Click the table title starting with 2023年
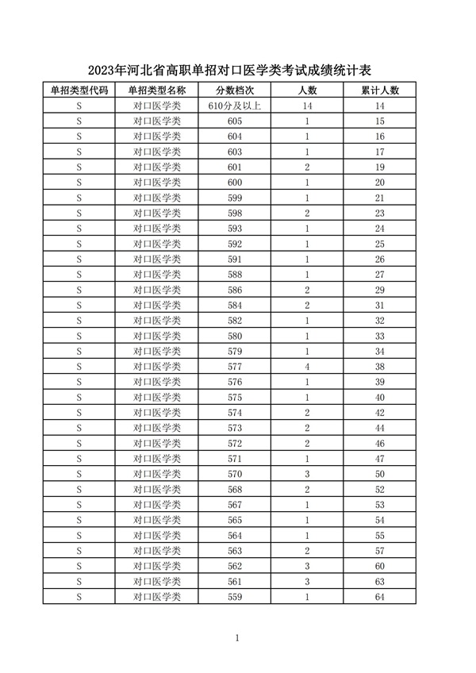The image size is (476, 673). tap(238, 69)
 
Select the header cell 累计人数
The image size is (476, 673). tap(379, 90)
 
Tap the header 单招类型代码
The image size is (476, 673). tap(79, 90)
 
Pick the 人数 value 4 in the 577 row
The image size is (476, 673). tap(307, 367)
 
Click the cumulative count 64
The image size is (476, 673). tap(379, 596)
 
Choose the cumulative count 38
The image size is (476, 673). tap(379, 367)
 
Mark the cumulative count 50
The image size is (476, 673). tap(379, 473)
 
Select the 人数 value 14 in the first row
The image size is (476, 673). tap(307, 106)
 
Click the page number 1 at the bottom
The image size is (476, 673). tap(238, 637)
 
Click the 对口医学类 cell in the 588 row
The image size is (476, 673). tap(157, 275)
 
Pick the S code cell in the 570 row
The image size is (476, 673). tap(79, 473)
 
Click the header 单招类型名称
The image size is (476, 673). tap(157, 90)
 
